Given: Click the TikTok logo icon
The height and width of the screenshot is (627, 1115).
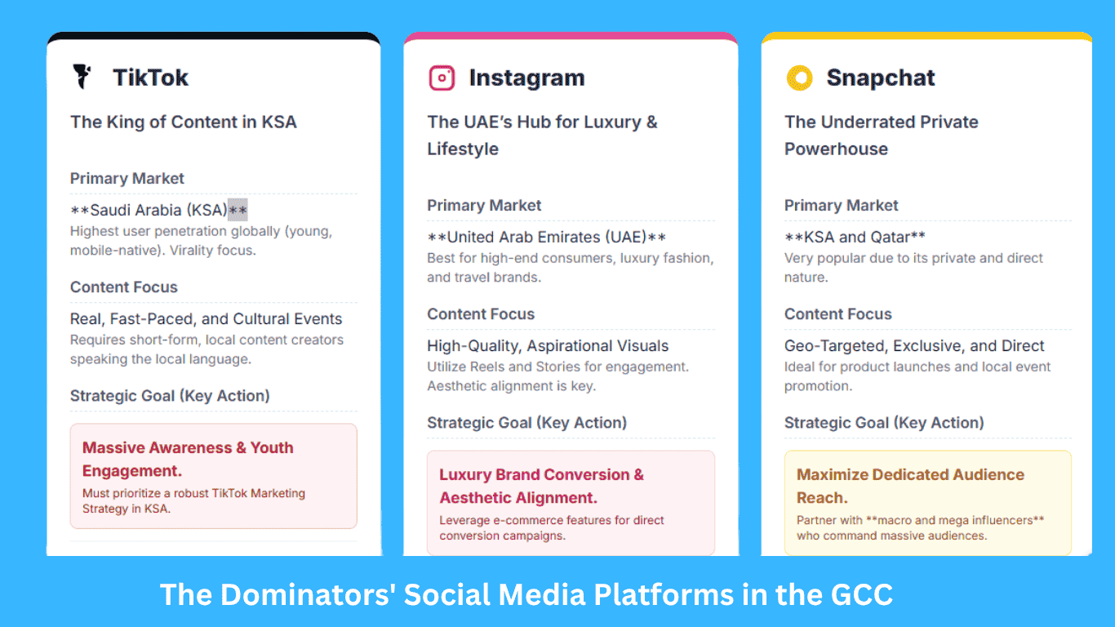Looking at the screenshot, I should (x=82, y=77).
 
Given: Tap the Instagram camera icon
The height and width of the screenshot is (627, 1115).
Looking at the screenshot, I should (x=442, y=78).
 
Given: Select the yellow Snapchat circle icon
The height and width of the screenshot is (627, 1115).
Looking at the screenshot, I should (x=799, y=78).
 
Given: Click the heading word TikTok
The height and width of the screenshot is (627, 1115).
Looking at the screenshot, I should (x=151, y=78).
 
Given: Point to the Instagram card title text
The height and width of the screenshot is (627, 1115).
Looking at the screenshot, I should (x=526, y=78).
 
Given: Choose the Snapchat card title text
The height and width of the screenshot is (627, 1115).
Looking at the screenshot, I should (x=881, y=78).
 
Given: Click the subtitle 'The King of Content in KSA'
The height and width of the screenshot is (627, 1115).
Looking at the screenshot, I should (x=184, y=122).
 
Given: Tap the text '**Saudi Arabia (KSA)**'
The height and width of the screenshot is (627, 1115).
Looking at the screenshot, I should (x=158, y=211).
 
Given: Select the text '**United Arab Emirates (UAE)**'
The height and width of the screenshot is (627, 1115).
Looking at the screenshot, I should (x=547, y=238).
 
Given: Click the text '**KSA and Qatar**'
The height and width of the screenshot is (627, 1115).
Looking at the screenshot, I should (x=855, y=238).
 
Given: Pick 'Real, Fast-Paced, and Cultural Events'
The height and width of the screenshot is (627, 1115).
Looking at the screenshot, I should (x=206, y=319).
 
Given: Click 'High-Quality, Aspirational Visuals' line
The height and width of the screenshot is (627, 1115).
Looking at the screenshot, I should (x=548, y=346).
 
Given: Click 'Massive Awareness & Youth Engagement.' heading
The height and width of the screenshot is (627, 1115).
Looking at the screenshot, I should (x=188, y=459).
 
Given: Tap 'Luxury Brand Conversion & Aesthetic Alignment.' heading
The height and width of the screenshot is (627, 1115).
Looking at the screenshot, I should (x=541, y=486).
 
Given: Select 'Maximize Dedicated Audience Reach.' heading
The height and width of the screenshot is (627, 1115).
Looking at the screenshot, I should (x=910, y=486).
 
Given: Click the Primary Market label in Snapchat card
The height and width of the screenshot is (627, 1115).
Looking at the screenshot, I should (x=841, y=206).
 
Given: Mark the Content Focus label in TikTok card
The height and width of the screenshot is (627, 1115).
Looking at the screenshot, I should (x=124, y=287).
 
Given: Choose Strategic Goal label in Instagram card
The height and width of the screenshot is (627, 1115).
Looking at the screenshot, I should (x=526, y=423).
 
